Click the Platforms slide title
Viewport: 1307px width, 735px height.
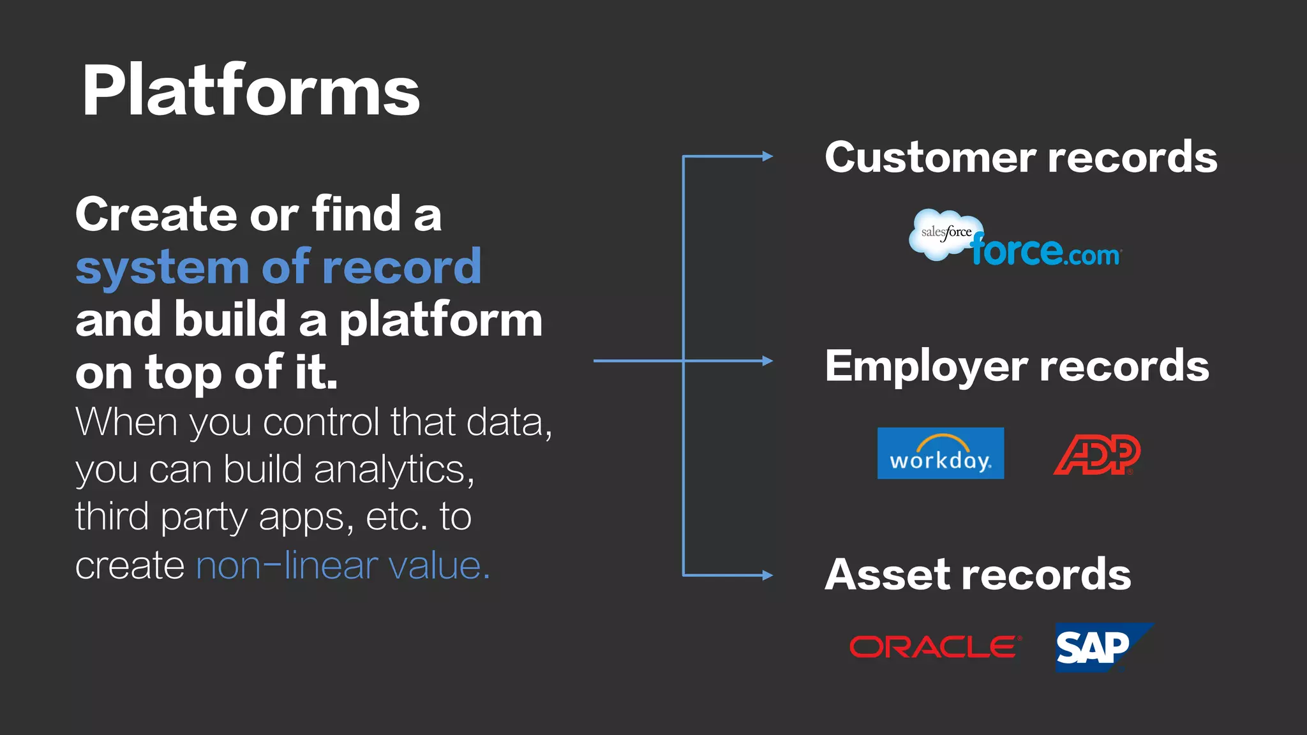coord(251,91)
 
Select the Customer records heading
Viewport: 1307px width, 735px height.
coord(1021,157)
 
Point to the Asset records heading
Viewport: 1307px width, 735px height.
coord(978,575)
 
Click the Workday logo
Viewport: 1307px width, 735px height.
coord(941,453)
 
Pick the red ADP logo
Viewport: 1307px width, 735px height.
coord(1097,455)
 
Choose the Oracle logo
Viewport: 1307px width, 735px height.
coord(936,647)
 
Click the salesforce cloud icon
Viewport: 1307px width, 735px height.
coord(946,234)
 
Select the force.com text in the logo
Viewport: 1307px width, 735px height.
coord(1046,251)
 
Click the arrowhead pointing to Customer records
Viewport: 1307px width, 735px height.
coord(768,156)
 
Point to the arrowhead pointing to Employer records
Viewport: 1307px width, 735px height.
coord(768,361)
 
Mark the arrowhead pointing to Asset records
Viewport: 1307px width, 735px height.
coord(768,575)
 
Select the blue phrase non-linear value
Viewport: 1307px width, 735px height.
coord(343,565)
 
